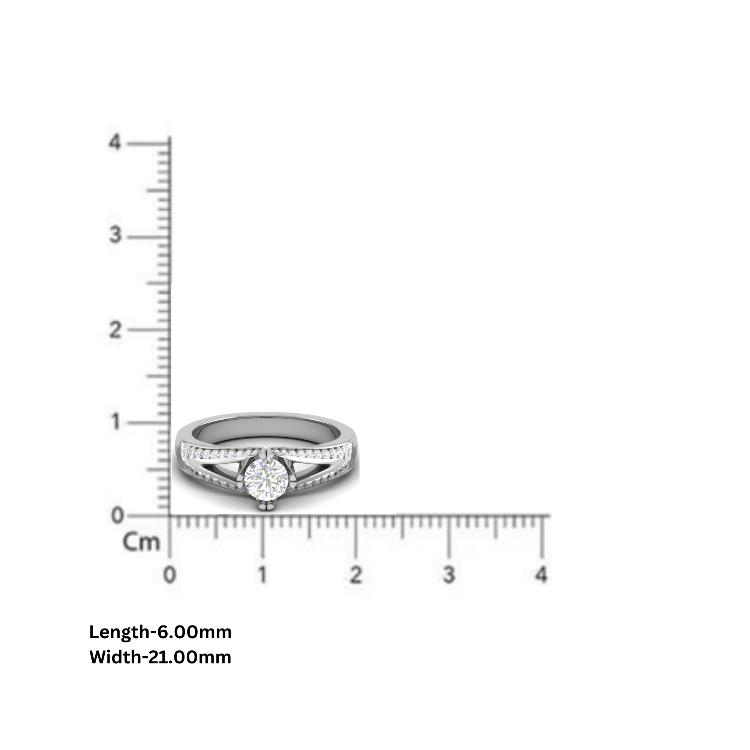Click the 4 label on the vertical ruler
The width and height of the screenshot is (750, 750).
pyautogui.click(x=115, y=142)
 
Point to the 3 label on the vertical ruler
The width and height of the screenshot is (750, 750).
pyautogui.click(x=115, y=235)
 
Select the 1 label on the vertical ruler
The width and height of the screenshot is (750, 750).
pyautogui.click(x=115, y=421)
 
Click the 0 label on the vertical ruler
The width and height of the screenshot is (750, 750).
pyautogui.click(x=117, y=516)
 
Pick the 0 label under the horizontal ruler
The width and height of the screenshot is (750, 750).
pyautogui.click(x=169, y=575)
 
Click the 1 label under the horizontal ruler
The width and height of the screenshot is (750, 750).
pyautogui.click(x=263, y=575)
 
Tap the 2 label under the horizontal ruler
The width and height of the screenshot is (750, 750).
pyautogui.click(x=355, y=575)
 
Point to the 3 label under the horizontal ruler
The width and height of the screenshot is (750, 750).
pyautogui.click(x=449, y=575)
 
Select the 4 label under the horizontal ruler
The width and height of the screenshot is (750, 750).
pyautogui.click(x=541, y=575)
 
